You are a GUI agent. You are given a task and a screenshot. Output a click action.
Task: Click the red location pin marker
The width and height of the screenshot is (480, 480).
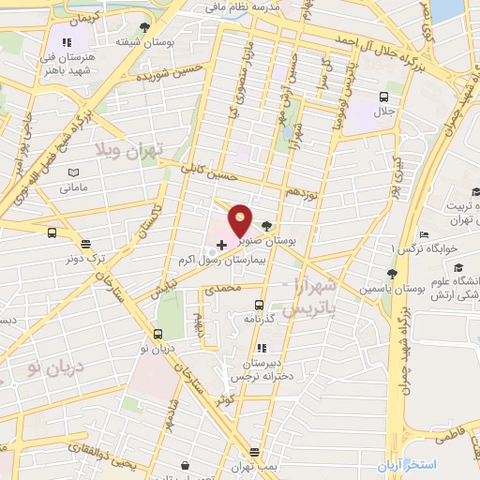click(x=241, y=220)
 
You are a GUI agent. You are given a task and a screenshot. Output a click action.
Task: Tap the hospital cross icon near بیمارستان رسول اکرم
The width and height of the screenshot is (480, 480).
click(x=220, y=244)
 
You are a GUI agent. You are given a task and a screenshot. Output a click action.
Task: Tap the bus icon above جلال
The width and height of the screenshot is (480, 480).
click(x=383, y=97)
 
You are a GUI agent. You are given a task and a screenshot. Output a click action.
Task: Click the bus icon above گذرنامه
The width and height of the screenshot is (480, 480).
click(x=260, y=304)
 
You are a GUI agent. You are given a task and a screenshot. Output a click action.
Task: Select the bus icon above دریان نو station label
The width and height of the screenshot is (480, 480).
click(x=157, y=335)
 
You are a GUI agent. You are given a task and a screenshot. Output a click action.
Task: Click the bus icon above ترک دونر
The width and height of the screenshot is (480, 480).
click(x=51, y=233)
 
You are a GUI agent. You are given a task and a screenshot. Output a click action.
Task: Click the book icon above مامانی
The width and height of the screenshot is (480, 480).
click(x=74, y=172)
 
